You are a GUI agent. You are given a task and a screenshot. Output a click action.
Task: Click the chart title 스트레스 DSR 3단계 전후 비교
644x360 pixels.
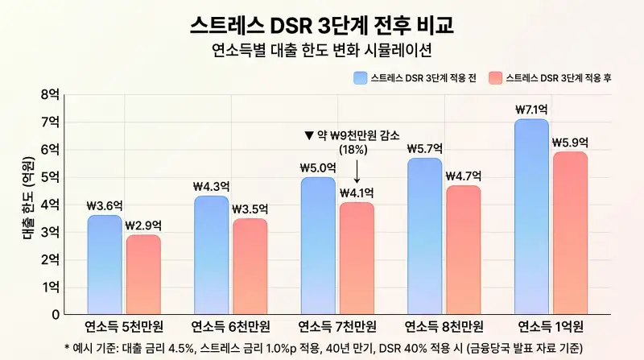tap(322, 23)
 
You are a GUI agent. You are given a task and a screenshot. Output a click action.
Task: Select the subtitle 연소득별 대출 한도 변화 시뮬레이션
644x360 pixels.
tap(322, 50)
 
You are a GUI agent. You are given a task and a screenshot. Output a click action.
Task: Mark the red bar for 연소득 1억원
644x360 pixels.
tap(570, 233)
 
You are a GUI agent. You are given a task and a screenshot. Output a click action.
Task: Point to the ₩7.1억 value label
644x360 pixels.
tap(532, 109)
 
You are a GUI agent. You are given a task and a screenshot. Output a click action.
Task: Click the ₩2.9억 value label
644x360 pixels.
tap(142, 225)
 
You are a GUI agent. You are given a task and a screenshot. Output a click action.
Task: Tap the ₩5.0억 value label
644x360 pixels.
tap(318, 168)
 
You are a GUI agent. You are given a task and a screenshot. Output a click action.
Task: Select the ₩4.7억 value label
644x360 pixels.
tap(463, 176)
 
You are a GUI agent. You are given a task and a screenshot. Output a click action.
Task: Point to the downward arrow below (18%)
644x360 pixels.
tap(357, 171)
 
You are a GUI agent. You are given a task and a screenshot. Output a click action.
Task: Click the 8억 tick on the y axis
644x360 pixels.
tap(49, 94)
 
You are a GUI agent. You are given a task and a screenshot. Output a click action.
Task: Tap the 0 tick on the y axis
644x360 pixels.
tap(54, 314)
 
